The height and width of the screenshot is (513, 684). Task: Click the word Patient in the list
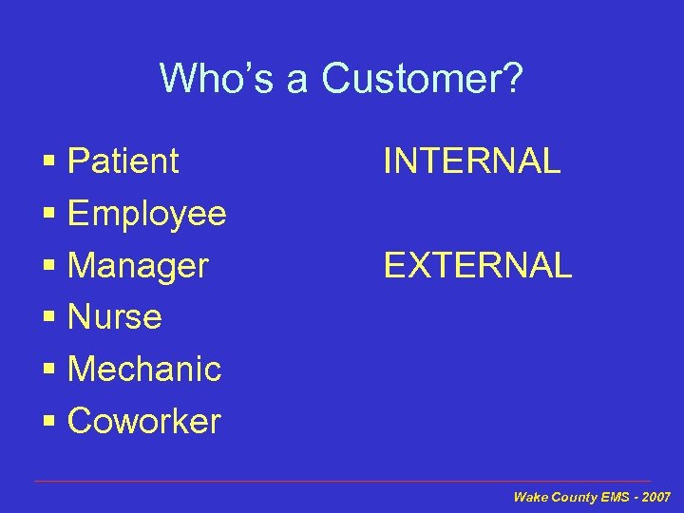123,161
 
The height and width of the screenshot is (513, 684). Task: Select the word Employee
147,214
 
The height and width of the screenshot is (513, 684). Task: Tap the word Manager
138,266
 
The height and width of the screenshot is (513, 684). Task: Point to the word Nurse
115,317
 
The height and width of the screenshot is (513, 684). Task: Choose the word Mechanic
144,369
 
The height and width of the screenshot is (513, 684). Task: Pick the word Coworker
144,421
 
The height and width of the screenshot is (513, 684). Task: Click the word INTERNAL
472,161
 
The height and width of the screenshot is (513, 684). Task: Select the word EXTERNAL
478,266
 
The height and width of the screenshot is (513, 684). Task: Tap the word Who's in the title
217,79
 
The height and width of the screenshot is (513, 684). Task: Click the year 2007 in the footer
655,497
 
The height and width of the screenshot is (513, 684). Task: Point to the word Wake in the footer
528,497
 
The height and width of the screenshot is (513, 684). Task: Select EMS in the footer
615,497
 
